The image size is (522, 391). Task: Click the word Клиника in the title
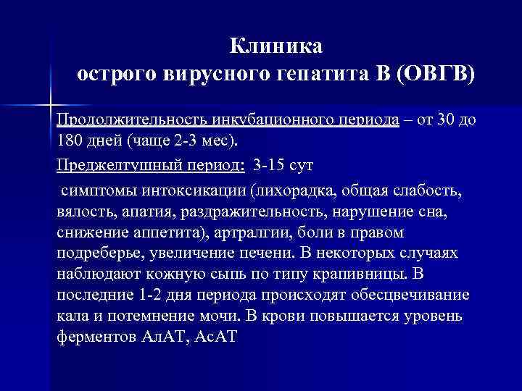click(275, 47)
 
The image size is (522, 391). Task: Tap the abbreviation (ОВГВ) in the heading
click(436, 74)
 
